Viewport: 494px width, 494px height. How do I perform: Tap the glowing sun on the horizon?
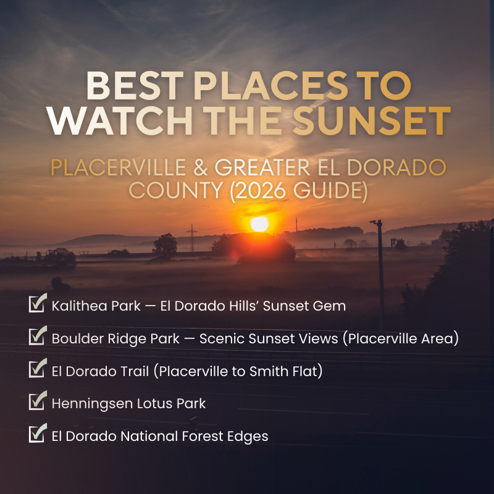pos(259,224)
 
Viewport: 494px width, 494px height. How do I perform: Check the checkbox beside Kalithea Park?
pos(38,304)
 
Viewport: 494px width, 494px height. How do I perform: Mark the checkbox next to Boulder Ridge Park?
pos(38,337)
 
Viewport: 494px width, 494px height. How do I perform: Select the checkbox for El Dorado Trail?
pos(38,369)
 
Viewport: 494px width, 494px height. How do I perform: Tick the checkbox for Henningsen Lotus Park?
pos(38,402)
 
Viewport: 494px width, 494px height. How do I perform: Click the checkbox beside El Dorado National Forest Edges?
pos(38,435)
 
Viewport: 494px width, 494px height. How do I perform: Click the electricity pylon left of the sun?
pos(192,237)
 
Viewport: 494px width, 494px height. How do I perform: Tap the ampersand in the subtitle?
pos(206,167)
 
